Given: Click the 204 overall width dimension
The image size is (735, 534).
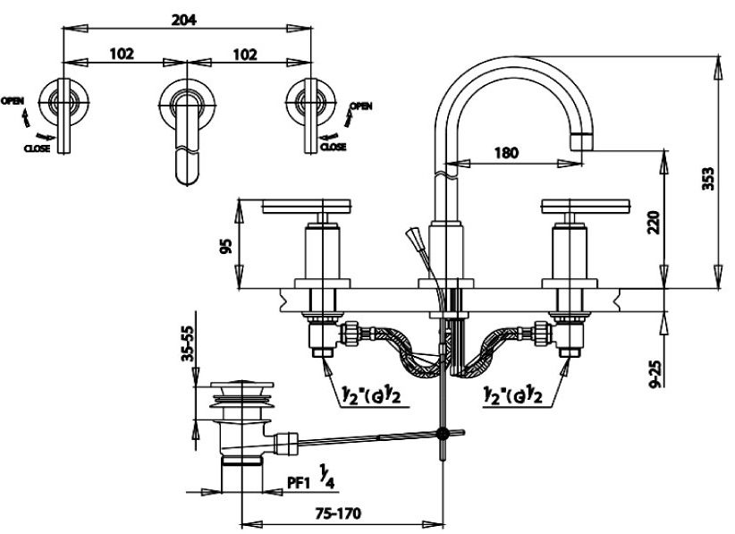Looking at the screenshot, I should coord(186,18).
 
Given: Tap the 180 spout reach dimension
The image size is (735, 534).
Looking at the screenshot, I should coord(506,152).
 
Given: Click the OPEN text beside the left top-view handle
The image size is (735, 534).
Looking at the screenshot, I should coord(13,100).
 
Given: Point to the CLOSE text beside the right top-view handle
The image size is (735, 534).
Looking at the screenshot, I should coord(333,146).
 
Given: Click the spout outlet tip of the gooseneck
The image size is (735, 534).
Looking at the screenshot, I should coord(582,140).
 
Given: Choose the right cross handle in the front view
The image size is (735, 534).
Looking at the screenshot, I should coord(586,209).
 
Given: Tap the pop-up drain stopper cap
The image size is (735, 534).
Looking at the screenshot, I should coord(239,390).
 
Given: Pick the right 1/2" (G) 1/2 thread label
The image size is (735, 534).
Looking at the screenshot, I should coord(512,394).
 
